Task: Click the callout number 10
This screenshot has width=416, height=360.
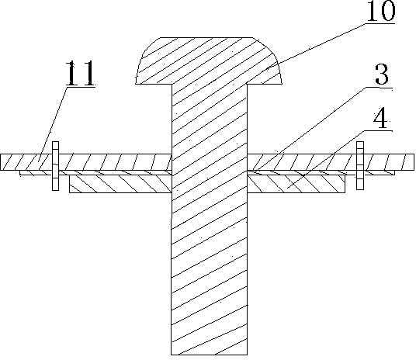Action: click(x=381, y=11)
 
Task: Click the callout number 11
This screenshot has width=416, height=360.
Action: click(x=80, y=73)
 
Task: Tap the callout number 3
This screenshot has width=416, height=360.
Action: click(x=382, y=74)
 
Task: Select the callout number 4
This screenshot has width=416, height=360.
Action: click(x=382, y=118)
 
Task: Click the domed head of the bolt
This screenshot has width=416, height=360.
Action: click(x=209, y=61)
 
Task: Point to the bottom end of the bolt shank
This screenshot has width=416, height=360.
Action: click(x=210, y=355)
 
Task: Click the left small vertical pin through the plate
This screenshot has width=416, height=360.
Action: click(x=55, y=166)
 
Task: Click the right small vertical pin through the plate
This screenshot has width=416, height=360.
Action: click(x=360, y=165)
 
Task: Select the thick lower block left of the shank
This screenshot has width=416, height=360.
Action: click(x=120, y=184)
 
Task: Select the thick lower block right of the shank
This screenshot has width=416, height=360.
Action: click(x=296, y=184)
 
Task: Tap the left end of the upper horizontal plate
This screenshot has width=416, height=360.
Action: click(x=1, y=162)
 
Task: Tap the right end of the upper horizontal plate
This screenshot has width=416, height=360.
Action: click(x=414, y=161)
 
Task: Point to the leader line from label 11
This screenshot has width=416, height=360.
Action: click(x=53, y=123)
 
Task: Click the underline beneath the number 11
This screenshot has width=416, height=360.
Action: click(x=81, y=86)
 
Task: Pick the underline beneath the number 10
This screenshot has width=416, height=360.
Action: click(x=380, y=23)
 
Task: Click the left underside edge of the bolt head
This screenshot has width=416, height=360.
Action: click(x=154, y=84)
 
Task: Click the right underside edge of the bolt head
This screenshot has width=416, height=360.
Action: click(x=265, y=84)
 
